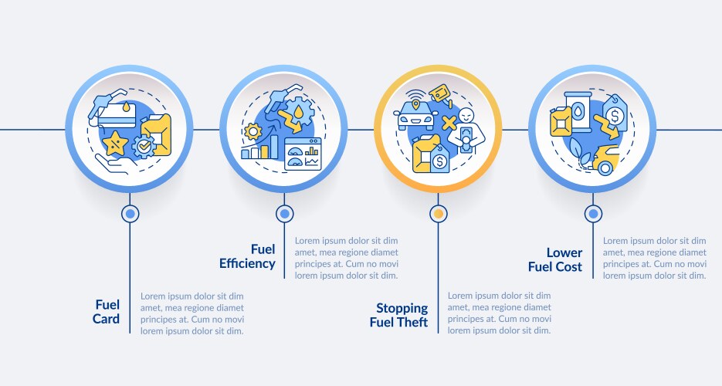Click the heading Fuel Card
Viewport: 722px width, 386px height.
pyautogui.click(x=106, y=311)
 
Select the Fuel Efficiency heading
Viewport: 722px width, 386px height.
pyautogui.click(x=247, y=256)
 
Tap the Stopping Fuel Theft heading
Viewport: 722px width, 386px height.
pyautogui.click(x=398, y=315)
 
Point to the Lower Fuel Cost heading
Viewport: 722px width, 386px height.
pyautogui.click(x=555, y=259)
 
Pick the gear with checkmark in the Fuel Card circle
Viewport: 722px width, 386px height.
pyautogui.click(x=144, y=147)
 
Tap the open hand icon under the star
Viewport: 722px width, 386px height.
pyautogui.click(x=116, y=164)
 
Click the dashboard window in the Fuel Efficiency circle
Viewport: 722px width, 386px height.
pyautogui.click(x=303, y=154)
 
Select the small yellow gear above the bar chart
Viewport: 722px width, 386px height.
pyautogui.click(x=253, y=131)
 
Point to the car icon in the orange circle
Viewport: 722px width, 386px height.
pyautogui.click(x=415, y=116)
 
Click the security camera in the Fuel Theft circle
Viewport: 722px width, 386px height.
pyautogui.click(x=441, y=95)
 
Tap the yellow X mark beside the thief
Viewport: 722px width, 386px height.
pyautogui.click(x=449, y=123)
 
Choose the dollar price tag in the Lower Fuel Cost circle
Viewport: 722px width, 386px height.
pyautogui.click(x=614, y=113)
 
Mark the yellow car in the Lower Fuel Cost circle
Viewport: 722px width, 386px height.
pyautogui.click(x=605, y=160)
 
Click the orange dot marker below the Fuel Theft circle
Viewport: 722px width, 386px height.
pyautogui.click(x=439, y=214)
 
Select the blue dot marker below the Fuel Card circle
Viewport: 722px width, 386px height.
pyautogui.click(x=130, y=214)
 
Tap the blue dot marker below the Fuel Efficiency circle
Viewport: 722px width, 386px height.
pyautogui.click(x=284, y=214)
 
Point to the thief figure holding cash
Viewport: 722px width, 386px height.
pyautogui.click(x=467, y=131)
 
